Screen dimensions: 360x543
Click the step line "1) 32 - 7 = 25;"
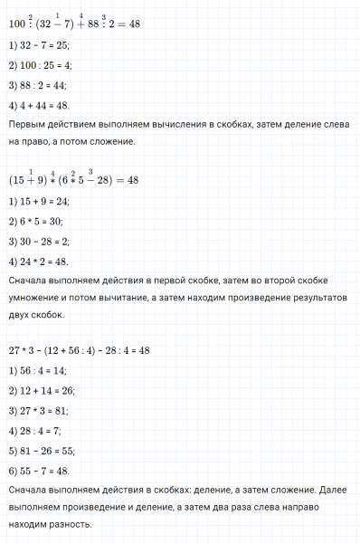(37, 45)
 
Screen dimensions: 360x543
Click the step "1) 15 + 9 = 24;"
(39, 204)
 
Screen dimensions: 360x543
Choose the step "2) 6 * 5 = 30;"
(35, 224)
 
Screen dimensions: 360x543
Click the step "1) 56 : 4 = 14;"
(38, 370)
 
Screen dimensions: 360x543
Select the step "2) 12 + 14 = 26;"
(41, 390)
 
